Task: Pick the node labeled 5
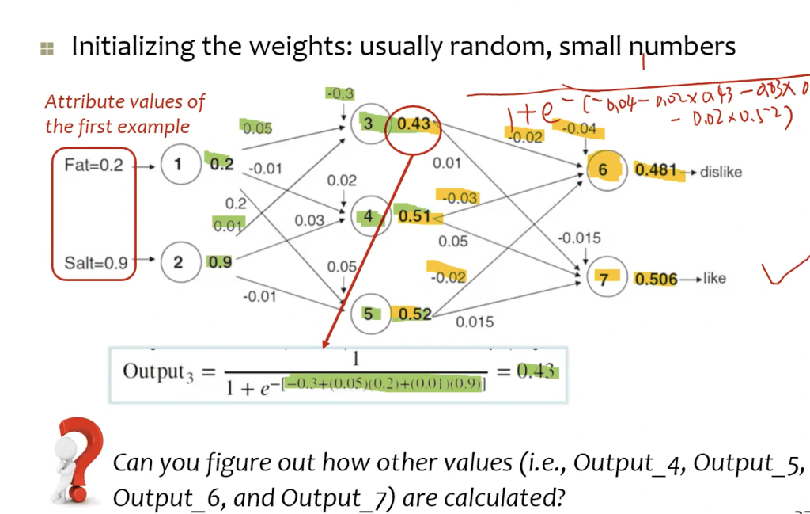[367, 314]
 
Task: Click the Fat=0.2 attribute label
[93, 166]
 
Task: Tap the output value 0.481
[656, 170]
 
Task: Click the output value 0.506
[656, 279]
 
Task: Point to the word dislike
[721, 172]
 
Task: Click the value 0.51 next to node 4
[414, 216]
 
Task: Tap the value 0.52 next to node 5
[414, 314]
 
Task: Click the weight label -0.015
[579, 238]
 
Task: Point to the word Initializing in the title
[132, 47]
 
